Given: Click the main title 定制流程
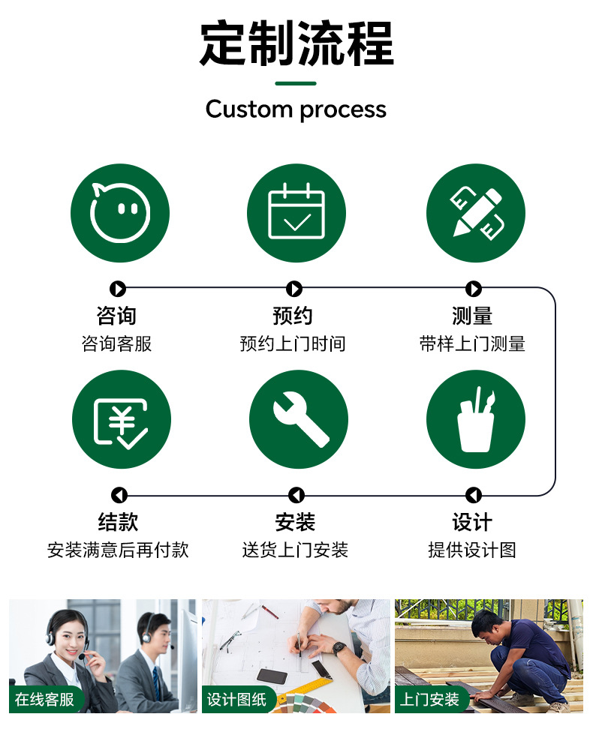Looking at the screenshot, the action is (x=296, y=44).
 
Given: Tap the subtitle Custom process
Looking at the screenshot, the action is (x=296, y=109).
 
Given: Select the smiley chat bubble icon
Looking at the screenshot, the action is (x=120, y=213).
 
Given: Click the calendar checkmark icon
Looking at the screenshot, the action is (x=296, y=213).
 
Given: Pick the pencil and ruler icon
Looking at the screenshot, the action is (x=475, y=213).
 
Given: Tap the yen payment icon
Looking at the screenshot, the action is (x=121, y=419).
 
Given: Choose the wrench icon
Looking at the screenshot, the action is (x=298, y=419).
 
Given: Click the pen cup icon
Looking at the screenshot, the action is (x=475, y=419).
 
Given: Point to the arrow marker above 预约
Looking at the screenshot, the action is (x=294, y=289).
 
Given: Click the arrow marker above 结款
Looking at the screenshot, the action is (x=119, y=495).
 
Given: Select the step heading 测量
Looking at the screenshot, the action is (x=472, y=316).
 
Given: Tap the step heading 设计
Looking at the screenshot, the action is (x=472, y=522).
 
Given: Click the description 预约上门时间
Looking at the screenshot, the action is (x=293, y=344).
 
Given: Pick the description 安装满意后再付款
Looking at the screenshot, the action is (x=118, y=550).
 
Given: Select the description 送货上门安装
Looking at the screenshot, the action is (x=295, y=550).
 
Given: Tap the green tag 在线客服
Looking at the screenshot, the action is (x=45, y=700).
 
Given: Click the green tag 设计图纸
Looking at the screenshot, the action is (x=236, y=700).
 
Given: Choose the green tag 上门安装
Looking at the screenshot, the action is (x=429, y=700).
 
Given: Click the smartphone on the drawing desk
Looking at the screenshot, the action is (x=272, y=676).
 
